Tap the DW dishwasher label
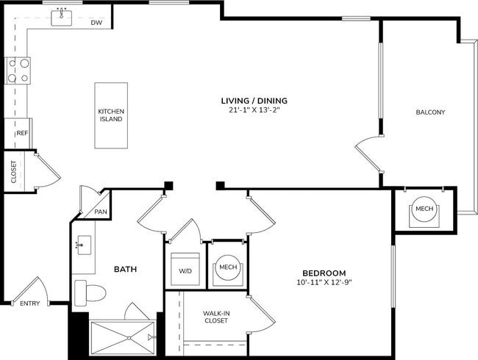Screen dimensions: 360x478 pyautogui.click(x=96, y=24)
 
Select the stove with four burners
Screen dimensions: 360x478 pyautogui.click(x=18, y=70)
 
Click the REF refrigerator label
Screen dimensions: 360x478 pyautogui.click(x=22, y=134)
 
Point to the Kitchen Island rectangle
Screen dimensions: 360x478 pyautogui.click(x=111, y=115)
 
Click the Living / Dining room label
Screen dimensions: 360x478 pyautogui.click(x=254, y=101)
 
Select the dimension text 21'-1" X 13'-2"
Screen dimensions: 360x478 pyautogui.click(x=254, y=110)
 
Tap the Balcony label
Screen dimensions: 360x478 pyautogui.click(x=430, y=112)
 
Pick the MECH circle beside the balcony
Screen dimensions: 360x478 pyautogui.click(x=424, y=209)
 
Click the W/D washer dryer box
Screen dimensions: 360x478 pyautogui.click(x=185, y=270)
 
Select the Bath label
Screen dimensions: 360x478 pyautogui.click(x=124, y=270)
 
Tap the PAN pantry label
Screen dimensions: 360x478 pyautogui.click(x=101, y=212)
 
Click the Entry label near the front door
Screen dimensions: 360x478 pyautogui.click(x=30, y=303)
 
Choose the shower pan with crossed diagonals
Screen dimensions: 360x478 pyautogui.click(x=123, y=338)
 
